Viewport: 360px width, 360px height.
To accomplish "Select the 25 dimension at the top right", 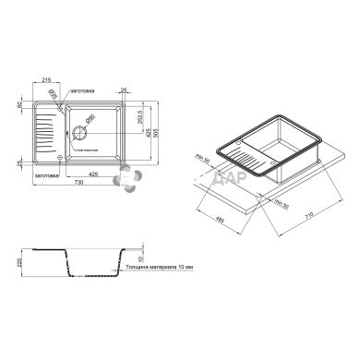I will point(136,90).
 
